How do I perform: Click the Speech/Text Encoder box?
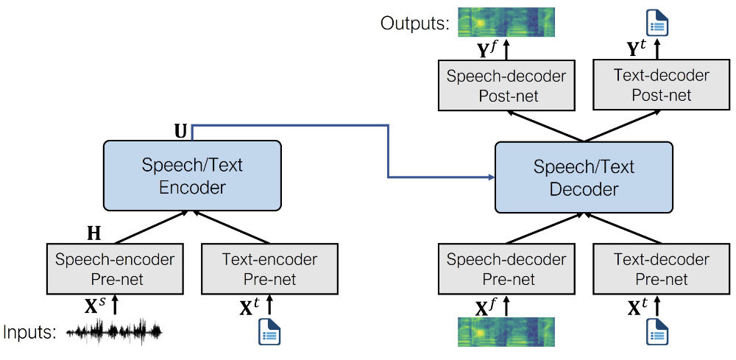tap(193, 175)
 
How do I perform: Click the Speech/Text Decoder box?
tap(584, 177)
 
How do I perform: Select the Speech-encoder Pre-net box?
tap(115, 269)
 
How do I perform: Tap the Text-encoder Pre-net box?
tap(269, 269)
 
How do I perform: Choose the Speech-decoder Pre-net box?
tap(506, 269)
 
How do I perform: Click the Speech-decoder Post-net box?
tap(506, 85)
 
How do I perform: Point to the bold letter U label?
tap(180, 131)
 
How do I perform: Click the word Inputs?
tap(29, 333)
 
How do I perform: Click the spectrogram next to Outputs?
tap(506, 22)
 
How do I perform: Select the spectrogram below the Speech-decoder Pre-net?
tap(506, 332)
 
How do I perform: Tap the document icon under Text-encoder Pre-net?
tap(269, 333)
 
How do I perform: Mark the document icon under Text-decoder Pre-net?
tap(657, 333)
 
